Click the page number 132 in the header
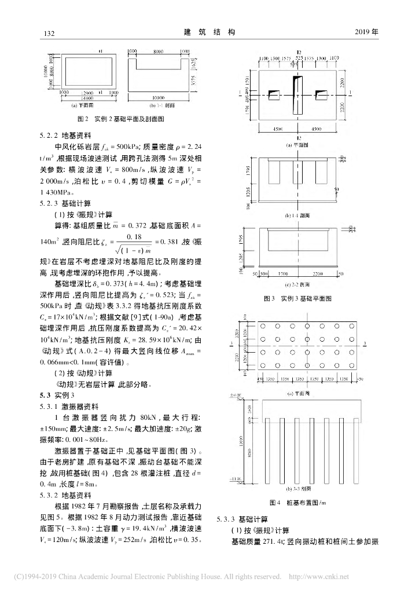click(49, 33)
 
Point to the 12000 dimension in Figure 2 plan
click(88, 93)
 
